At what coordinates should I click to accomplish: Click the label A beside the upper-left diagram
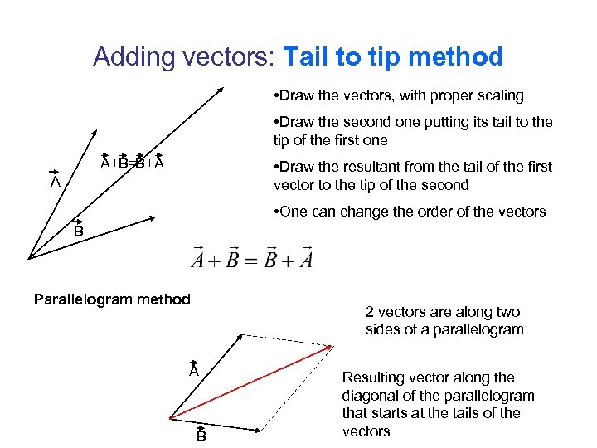tap(54, 181)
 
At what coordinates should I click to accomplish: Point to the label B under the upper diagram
tap(78, 231)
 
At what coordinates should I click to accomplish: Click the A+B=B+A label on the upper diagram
tap(132, 163)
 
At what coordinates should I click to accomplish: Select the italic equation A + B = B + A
tap(252, 260)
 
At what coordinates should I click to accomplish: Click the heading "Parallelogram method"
tap(112, 299)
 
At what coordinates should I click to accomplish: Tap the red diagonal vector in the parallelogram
tap(249, 383)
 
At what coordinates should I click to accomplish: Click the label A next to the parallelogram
tap(193, 371)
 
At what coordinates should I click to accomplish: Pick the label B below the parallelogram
tap(201, 436)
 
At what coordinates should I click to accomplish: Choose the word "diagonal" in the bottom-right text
tap(370, 395)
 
